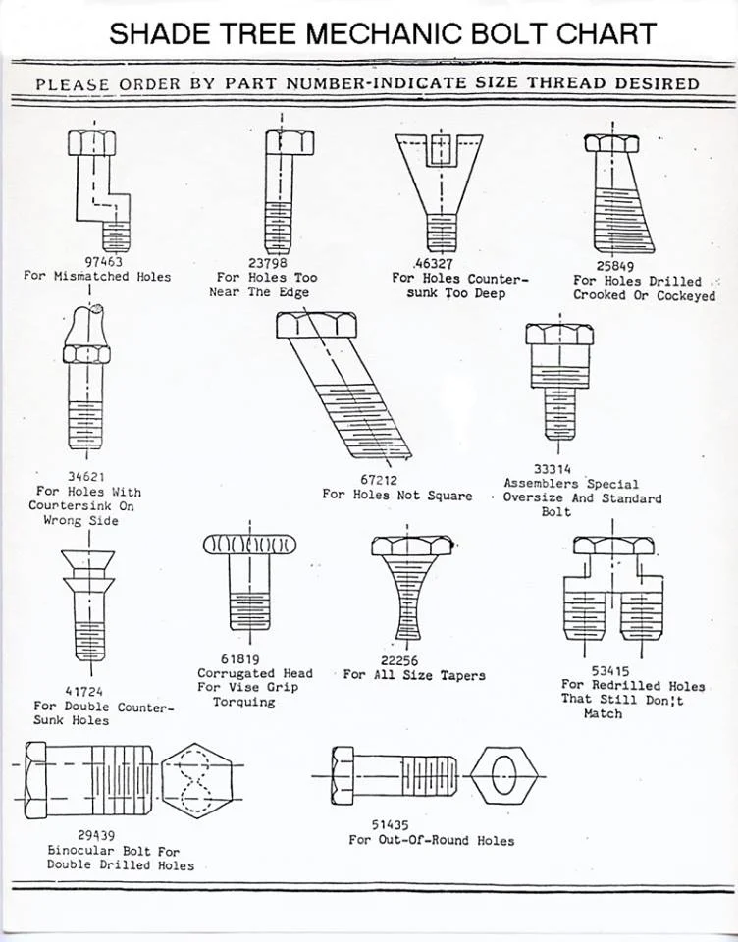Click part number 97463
[x=104, y=262]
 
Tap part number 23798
[x=268, y=263]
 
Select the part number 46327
[x=433, y=264]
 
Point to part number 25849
[x=615, y=265]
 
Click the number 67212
[x=379, y=480]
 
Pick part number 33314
[x=553, y=469]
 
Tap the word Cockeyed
[x=686, y=295]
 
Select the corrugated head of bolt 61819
[x=249, y=546]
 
